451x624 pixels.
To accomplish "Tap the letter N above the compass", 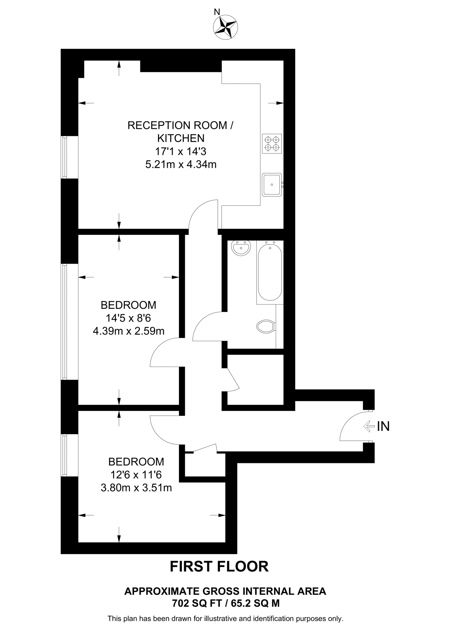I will pos(217,12).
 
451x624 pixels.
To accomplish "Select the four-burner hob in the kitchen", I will pos(272,144).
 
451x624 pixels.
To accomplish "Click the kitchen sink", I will pos(271,185).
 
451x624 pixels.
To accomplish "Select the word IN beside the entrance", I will pos(383,427).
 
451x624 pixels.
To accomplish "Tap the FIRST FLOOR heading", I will pos(219,567).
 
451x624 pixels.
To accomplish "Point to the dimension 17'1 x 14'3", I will pos(181,151).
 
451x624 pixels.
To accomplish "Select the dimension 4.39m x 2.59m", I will pos(128,331).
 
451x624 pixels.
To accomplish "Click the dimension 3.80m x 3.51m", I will pos(136,488).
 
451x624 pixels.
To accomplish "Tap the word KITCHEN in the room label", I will pos(181,138).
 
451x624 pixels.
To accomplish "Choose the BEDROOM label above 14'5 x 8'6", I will pos(128,305).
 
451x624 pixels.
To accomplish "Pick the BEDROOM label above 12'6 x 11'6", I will pos(136,462).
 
